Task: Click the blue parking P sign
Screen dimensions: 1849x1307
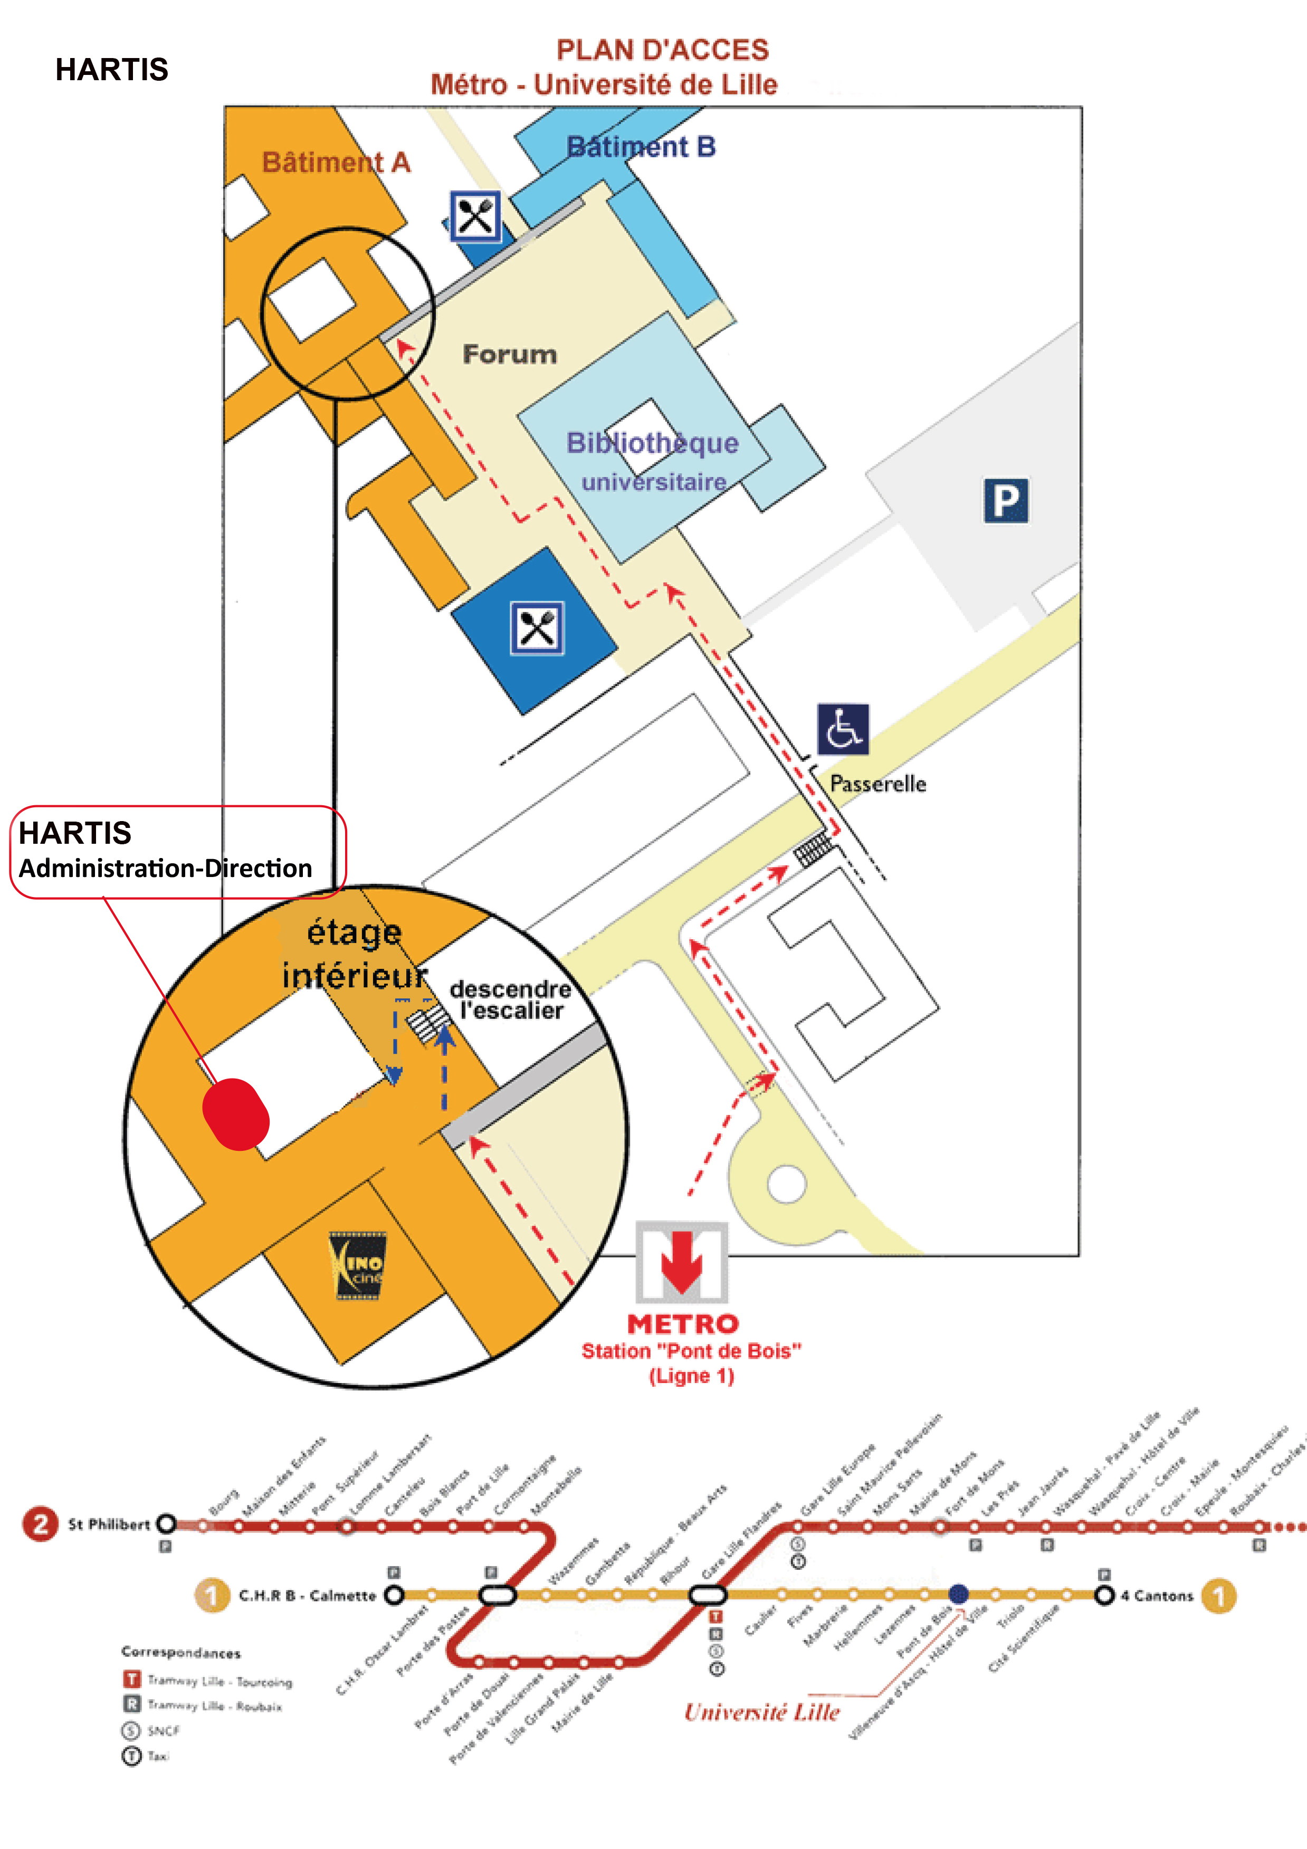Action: [1006, 500]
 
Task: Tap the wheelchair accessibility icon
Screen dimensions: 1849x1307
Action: [842, 728]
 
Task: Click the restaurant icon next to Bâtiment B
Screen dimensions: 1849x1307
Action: [475, 216]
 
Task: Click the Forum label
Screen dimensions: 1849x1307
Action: [510, 354]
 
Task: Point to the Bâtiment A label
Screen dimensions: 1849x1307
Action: [336, 163]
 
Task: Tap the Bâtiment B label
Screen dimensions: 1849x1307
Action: [641, 147]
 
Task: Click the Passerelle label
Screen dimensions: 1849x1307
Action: [878, 784]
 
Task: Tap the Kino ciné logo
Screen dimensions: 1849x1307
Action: [358, 1265]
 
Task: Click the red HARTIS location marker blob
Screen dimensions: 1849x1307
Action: [235, 1114]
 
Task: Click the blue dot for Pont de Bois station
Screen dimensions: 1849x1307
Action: [958, 1594]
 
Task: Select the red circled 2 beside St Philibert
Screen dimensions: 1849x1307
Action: [40, 1523]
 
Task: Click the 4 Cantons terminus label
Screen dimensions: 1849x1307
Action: [1157, 1595]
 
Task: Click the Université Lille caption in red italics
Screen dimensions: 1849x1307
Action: [762, 1711]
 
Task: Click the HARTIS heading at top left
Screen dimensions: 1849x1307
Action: [112, 70]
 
